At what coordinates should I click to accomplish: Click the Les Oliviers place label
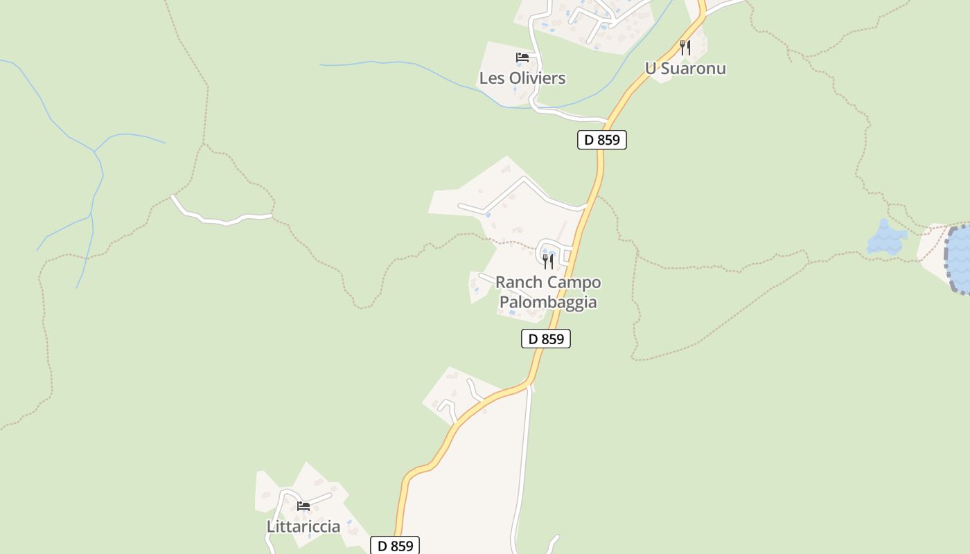[522, 78]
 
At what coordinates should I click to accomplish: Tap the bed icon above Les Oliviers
[522, 57]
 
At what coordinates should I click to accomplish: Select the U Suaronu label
[685, 69]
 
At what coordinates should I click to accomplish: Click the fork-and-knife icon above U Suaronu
[685, 47]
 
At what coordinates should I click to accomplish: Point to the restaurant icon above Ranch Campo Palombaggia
[547, 261]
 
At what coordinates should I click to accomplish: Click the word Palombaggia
[548, 303]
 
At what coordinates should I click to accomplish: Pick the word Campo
[574, 283]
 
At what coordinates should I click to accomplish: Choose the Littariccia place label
[303, 526]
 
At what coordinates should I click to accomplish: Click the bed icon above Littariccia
[303, 506]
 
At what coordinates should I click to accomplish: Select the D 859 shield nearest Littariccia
[395, 546]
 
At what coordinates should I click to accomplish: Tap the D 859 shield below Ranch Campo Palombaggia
[546, 339]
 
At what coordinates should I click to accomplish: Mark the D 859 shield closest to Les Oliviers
[602, 140]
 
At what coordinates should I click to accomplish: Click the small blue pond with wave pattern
[886, 239]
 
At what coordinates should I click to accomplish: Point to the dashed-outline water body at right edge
[960, 260]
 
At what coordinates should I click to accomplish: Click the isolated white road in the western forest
[222, 219]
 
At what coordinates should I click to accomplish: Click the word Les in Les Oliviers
[492, 78]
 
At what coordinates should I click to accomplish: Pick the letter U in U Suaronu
[651, 69]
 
